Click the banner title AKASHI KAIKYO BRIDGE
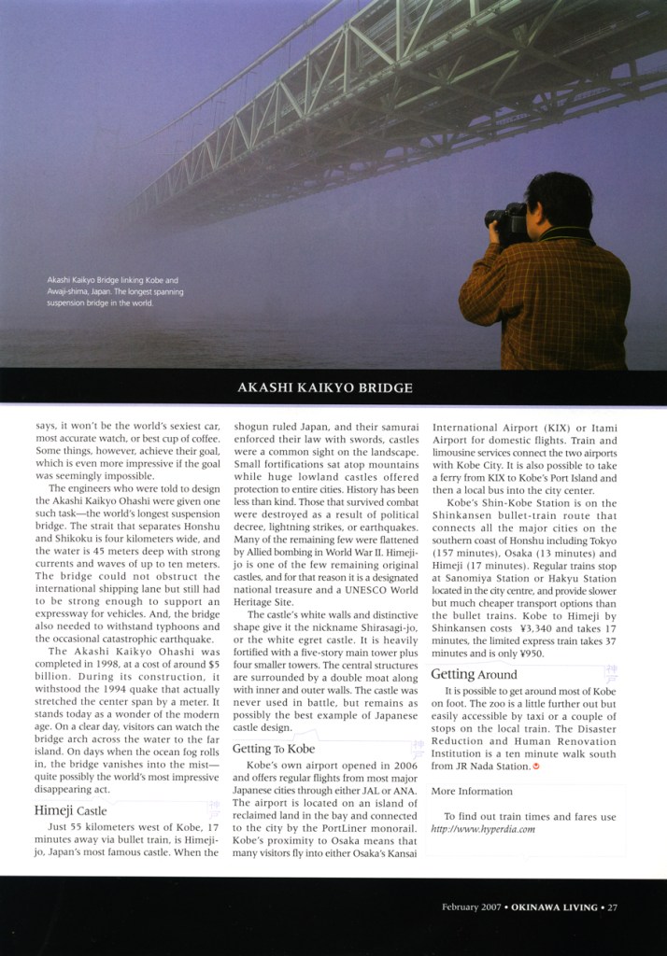(324, 387)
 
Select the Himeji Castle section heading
(70, 810)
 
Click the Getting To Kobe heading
(274, 749)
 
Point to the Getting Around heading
(475, 674)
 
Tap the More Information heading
(472, 791)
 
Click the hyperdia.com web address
(483, 829)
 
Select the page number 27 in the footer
(612, 907)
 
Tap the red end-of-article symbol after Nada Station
(536, 766)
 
